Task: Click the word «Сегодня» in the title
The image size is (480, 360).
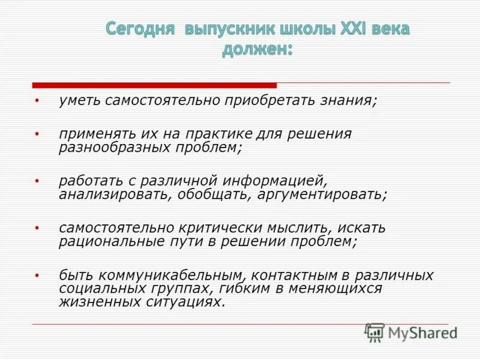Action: click(140, 29)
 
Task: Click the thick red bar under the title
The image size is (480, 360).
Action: click(154, 85)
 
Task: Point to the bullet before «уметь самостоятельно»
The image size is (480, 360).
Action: click(37, 101)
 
